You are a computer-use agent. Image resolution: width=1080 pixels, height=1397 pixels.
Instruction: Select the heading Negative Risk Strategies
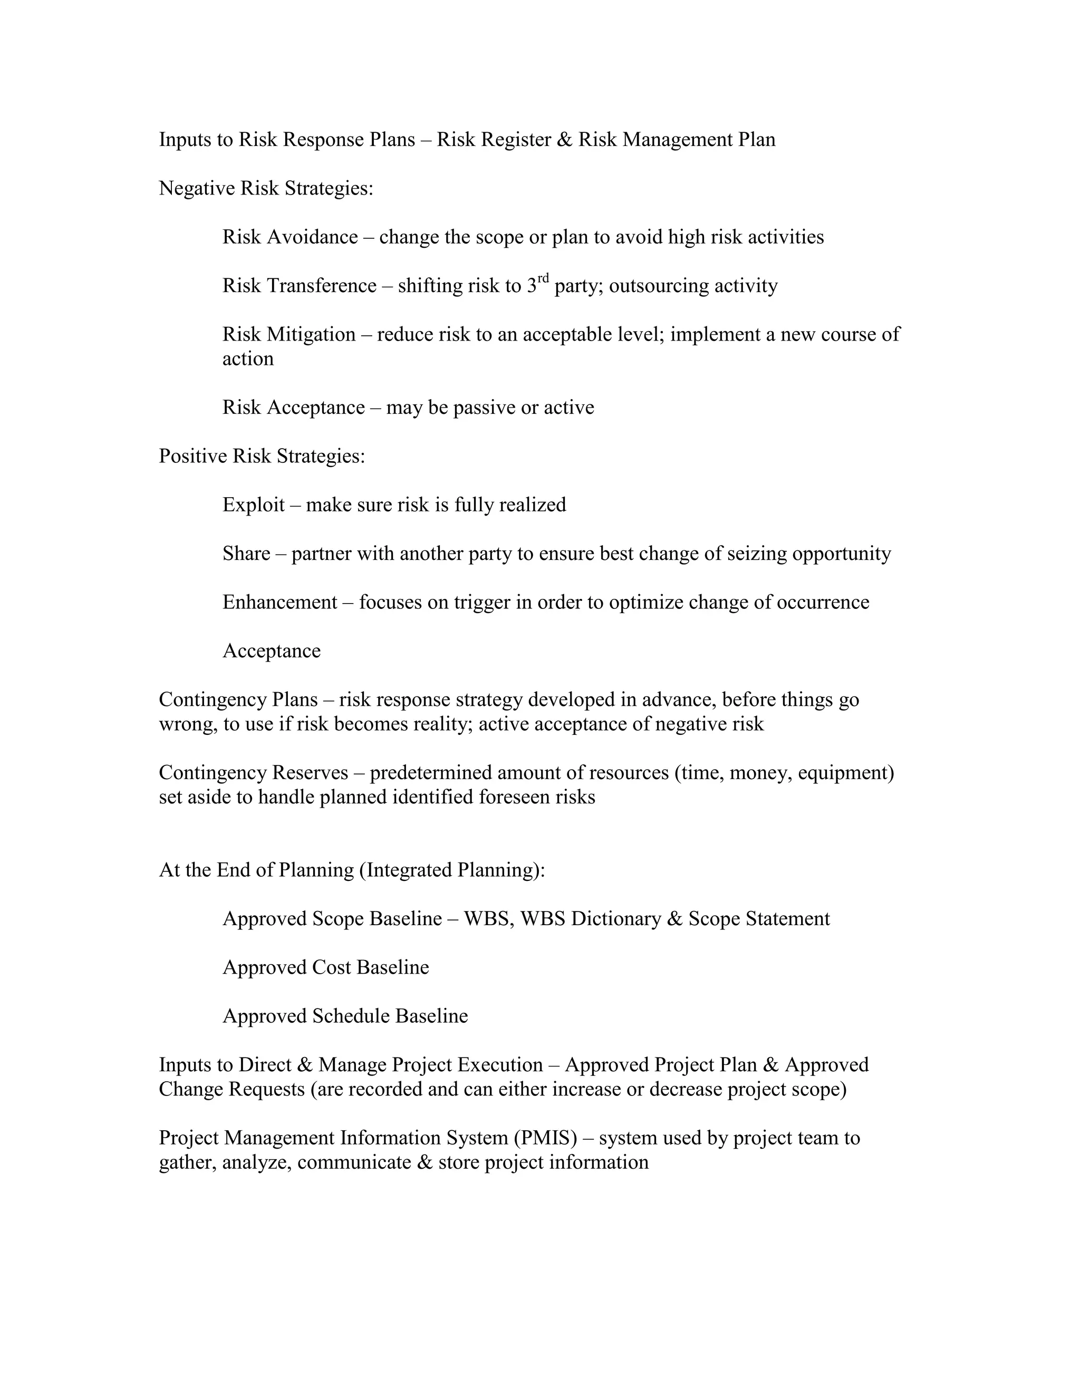[x=266, y=188]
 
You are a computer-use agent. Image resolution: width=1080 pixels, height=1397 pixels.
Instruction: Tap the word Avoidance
[x=312, y=237]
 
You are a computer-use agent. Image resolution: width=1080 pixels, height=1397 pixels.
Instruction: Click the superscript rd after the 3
[x=543, y=278]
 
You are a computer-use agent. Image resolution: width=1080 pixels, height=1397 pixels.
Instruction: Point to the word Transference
[x=321, y=285]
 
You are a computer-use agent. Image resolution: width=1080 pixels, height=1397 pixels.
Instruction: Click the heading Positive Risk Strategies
[x=262, y=456]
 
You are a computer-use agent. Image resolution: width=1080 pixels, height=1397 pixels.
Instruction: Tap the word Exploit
[x=253, y=505]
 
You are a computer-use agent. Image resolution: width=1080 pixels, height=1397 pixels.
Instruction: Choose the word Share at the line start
[x=246, y=554]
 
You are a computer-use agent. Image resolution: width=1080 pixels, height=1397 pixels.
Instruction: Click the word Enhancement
[x=279, y=602]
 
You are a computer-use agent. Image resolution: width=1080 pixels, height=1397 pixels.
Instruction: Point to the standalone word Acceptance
[x=271, y=651]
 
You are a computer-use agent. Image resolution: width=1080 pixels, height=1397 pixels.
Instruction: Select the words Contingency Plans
[x=238, y=699]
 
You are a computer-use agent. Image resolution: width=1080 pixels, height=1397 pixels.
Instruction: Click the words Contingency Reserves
[x=253, y=773]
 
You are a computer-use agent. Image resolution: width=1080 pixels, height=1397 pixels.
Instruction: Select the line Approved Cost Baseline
[x=326, y=967]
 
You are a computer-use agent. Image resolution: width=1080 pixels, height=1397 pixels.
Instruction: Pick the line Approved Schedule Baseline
[x=345, y=1016]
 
